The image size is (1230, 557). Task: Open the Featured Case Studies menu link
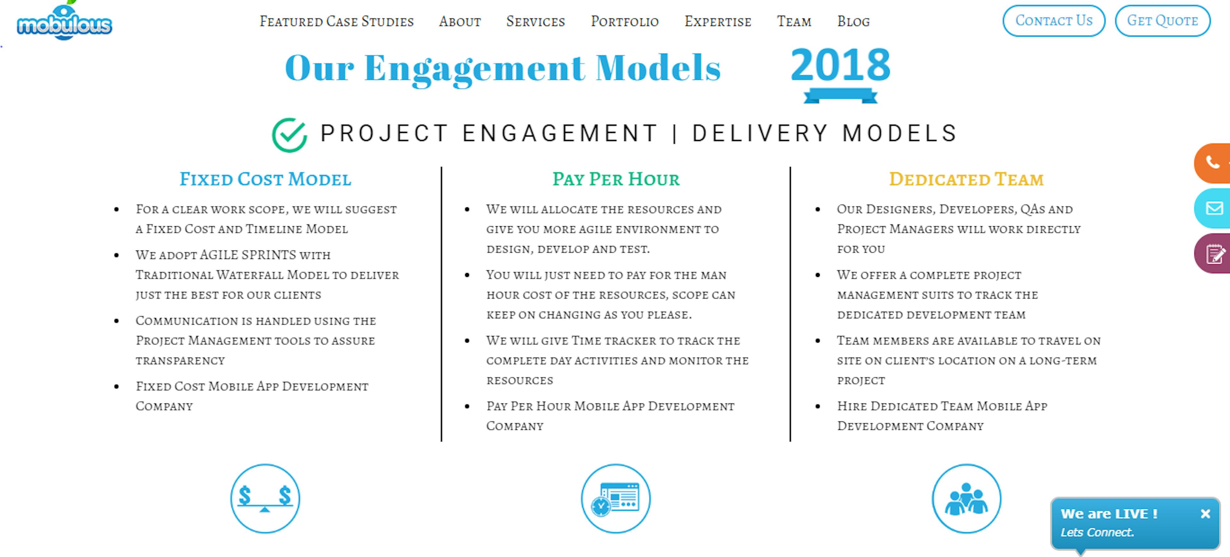point(337,21)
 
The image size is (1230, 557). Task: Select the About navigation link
point(460,21)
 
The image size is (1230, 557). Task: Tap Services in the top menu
point(536,21)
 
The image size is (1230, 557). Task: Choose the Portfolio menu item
point(625,21)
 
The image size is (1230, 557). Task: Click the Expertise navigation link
point(717,21)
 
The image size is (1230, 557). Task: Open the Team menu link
point(794,21)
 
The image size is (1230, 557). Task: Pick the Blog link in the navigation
point(853,21)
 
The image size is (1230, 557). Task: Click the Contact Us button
point(1054,21)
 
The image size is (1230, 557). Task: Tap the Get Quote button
point(1163,21)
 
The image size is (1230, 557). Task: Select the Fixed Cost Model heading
point(266,179)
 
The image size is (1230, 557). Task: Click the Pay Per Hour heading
point(616,179)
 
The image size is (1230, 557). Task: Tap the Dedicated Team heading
point(966,179)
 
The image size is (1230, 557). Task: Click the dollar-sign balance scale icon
point(265,498)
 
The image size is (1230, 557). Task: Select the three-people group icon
point(966,498)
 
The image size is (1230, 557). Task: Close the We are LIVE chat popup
point(1205,513)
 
